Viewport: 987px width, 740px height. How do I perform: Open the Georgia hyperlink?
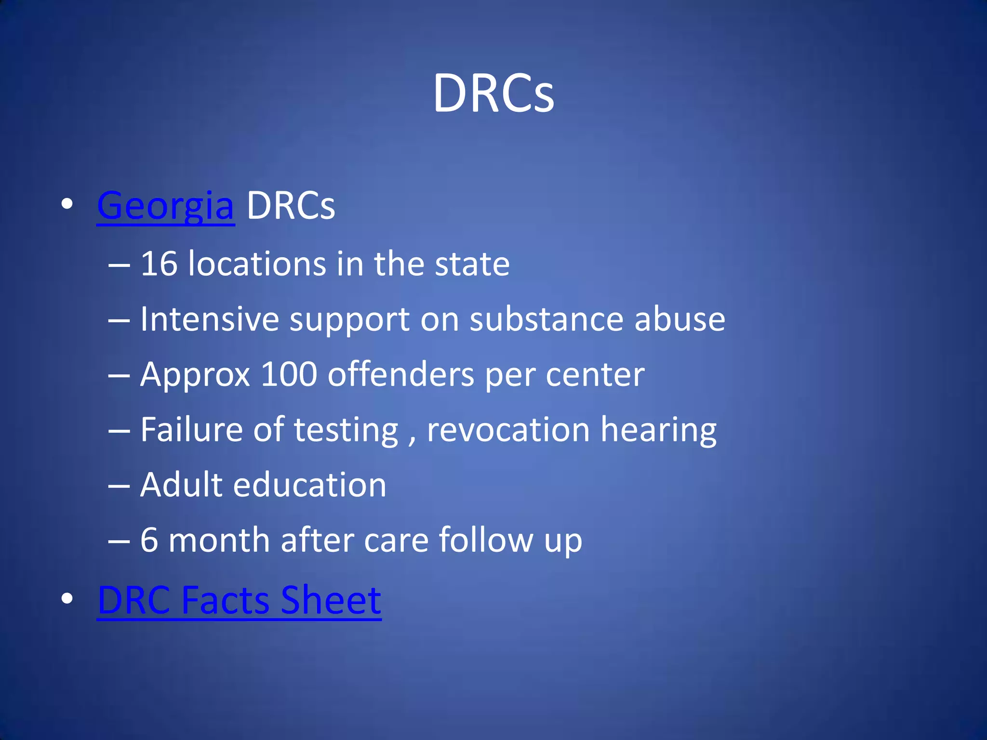pos(166,206)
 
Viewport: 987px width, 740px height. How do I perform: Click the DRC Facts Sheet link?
pos(240,601)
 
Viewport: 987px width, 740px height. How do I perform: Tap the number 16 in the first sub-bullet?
pos(159,264)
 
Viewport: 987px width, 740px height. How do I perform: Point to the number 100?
pos(289,374)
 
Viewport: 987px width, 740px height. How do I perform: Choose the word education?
pos(309,485)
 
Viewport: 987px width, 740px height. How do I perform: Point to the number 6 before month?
pos(149,540)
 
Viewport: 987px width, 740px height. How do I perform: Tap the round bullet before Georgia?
pos(67,204)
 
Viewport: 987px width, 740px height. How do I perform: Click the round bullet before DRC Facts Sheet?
pos(67,598)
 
